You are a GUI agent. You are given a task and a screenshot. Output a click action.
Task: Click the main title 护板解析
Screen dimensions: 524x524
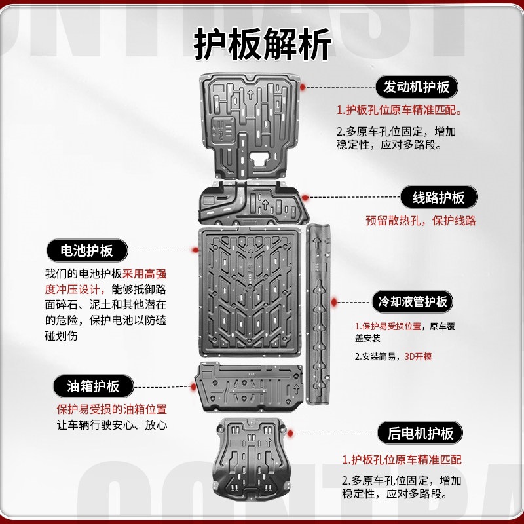tap(263, 44)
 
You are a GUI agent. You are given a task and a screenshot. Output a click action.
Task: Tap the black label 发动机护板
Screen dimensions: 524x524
tap(417, 87)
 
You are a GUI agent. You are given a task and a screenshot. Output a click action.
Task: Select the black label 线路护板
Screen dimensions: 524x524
tap(438, 197)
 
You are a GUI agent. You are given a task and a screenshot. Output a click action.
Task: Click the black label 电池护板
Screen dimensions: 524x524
tap(87, 250)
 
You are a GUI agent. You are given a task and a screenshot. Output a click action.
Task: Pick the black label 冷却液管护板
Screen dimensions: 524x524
tap(413, 301)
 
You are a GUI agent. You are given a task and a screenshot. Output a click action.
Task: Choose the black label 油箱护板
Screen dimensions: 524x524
tap(93, 386)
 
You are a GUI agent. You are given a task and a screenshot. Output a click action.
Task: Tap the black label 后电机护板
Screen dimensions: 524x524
tap(420, 433)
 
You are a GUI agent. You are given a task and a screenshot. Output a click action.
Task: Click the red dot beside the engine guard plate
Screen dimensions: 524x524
tap(303, 87)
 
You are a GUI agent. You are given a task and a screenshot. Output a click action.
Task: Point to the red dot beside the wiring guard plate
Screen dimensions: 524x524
tap(305, 198)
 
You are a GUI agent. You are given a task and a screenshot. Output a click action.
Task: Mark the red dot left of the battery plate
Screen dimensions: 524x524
tap(196, 250)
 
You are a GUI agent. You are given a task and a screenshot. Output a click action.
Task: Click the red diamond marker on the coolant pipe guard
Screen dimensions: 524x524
tap(334, 302)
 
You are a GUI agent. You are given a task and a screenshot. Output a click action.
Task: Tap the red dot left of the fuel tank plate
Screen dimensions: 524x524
tap(193, 387)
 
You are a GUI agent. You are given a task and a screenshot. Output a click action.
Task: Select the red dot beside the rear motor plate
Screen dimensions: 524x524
tap(290, 434)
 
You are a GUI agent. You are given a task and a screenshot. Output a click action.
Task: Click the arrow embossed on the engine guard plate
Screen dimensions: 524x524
tap(250, 94)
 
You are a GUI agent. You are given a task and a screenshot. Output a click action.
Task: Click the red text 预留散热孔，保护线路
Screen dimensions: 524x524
tap(421, 221)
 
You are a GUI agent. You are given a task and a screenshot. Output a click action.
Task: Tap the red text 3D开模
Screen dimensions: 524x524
tap(418, 356)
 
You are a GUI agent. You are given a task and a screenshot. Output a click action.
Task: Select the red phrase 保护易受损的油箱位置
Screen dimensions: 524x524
tap(111, 409)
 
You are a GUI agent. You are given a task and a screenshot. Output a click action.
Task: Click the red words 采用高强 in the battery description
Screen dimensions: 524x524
tap(144, 274)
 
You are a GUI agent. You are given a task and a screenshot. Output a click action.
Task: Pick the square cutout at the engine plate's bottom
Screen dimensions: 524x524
tap(258, 159)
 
